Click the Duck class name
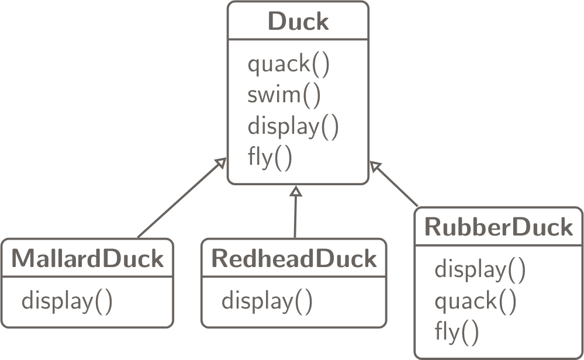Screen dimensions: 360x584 (298, 22)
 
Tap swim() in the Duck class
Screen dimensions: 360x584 (284, 95)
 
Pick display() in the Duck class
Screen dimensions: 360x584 (293, 126)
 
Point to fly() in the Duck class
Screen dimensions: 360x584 (269, 157)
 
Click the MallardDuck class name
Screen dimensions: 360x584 (88, 258)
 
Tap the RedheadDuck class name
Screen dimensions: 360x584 (293, 258)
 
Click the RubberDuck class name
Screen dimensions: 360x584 (499, 226)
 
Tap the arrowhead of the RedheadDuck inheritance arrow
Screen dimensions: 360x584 (296, 191)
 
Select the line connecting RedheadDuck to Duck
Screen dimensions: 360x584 (295, 216)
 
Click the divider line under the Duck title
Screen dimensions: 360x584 (298, 40)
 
